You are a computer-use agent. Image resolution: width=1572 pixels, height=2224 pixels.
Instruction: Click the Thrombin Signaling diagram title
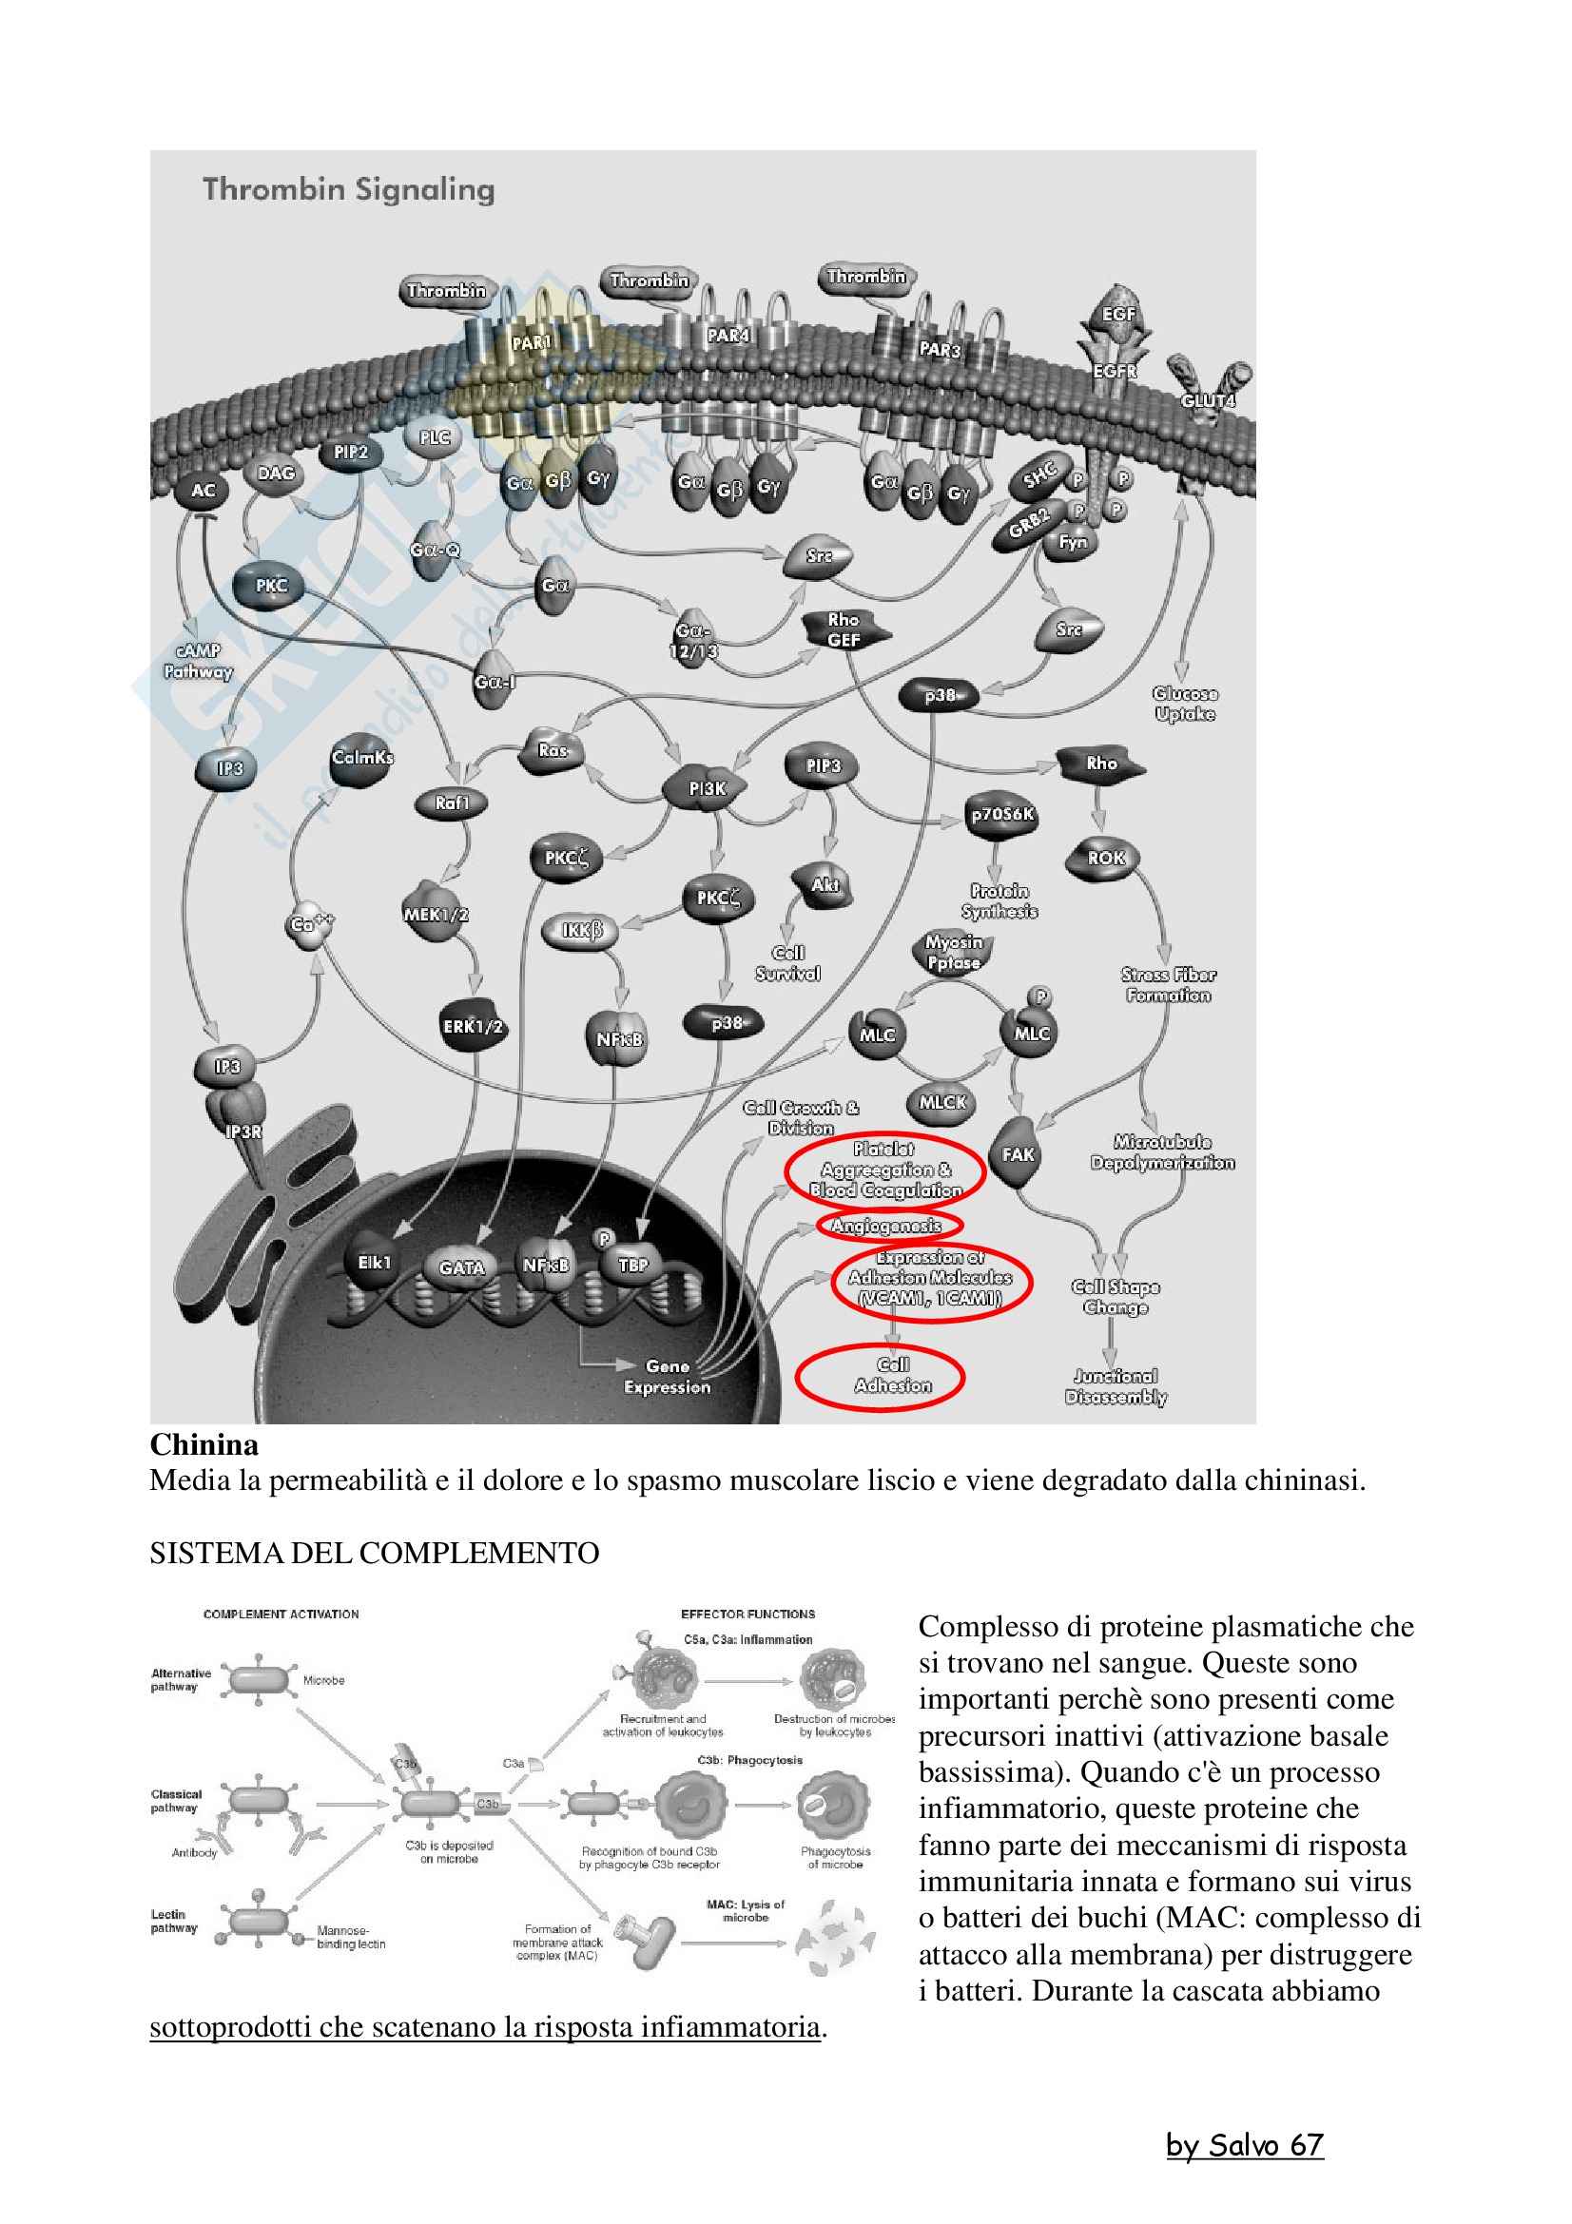tap(349, 189)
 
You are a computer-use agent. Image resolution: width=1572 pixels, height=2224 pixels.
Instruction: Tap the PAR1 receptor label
tap(531, 343)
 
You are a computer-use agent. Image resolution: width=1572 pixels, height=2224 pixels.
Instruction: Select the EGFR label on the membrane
tap(1114, 371)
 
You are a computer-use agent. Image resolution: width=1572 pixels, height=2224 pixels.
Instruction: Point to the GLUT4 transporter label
tap(1208, 400)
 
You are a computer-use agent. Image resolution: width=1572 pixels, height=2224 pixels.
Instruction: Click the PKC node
tap(271, 585)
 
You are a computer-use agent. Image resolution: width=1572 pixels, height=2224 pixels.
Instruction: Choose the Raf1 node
tap(453, 803)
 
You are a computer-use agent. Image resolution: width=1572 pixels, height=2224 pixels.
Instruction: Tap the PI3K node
tap(707, 788)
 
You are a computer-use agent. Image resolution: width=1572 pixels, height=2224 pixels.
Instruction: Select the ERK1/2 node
tap(473, 1026)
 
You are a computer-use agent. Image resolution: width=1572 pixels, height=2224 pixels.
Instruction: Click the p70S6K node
tap(1002, 815)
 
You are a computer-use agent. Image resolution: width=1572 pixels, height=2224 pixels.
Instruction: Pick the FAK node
tap(1018, 1153)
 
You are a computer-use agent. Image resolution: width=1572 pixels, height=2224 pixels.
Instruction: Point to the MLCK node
tap(942, 1101)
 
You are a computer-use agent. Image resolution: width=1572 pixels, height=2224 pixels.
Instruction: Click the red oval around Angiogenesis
tap(887, 1227)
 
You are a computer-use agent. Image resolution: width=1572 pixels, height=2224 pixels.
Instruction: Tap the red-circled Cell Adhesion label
tap(880, 1377)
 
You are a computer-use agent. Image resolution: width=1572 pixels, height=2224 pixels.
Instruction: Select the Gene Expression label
tap(668, 1377)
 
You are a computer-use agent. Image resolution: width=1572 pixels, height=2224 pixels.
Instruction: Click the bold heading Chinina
tap(204, 1445)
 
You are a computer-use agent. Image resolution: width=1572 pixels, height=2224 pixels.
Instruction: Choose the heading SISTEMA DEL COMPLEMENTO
tap(374, 1553)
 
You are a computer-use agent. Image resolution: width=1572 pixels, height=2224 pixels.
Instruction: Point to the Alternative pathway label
tap(180, 1679)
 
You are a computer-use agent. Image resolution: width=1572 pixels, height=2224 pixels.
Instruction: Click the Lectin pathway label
tap(174, 1921)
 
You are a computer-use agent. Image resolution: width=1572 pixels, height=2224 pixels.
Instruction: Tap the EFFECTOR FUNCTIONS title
tap(747, 1614)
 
